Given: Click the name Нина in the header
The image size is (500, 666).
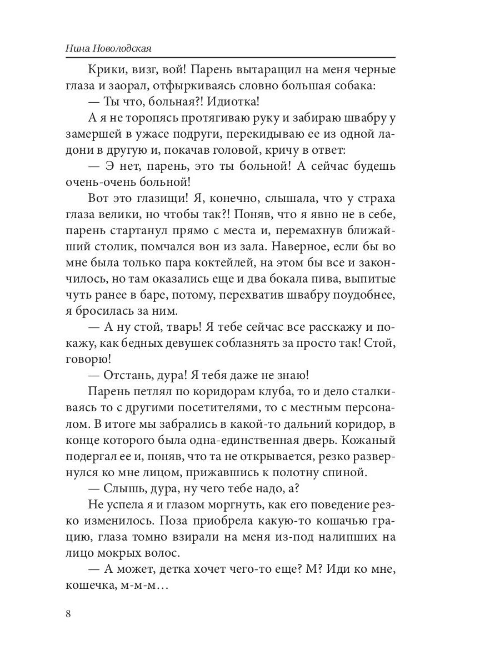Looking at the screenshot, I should (76, 48).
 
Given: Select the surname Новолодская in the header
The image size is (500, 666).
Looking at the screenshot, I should (121, 48).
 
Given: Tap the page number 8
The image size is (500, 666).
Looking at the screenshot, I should (68, 613).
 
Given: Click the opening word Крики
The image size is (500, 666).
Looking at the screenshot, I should (106, 70).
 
